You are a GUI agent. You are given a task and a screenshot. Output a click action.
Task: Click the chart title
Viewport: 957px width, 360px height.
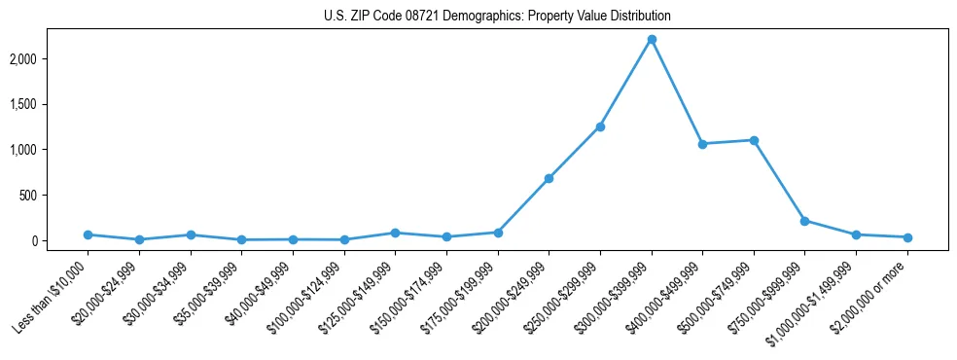(497, 17)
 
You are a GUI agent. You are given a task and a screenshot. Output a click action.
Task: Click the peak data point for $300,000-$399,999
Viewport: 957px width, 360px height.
(652, 39)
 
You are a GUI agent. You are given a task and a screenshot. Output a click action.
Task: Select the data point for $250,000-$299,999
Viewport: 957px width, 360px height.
(600, 126)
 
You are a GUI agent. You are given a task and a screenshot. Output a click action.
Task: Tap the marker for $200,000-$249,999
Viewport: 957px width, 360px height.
(549, 178)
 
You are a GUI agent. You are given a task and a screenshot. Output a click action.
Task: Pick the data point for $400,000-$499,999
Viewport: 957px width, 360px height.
(702, 144)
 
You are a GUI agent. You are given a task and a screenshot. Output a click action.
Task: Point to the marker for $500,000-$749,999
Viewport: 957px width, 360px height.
(754, 140)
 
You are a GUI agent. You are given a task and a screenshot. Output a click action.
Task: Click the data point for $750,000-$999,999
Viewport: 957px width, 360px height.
(804, 221)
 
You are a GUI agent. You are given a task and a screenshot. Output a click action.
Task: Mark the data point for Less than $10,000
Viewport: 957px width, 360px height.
(88, 234)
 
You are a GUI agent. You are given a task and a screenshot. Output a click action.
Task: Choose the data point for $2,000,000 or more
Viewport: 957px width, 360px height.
(907, 237)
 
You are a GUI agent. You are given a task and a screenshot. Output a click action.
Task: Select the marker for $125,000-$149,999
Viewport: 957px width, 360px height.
(395, 233)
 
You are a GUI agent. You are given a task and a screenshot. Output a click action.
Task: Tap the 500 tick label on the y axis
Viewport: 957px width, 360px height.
(54, 195)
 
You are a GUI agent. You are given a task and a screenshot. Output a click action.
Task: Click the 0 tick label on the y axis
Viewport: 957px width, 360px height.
(60, 240)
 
